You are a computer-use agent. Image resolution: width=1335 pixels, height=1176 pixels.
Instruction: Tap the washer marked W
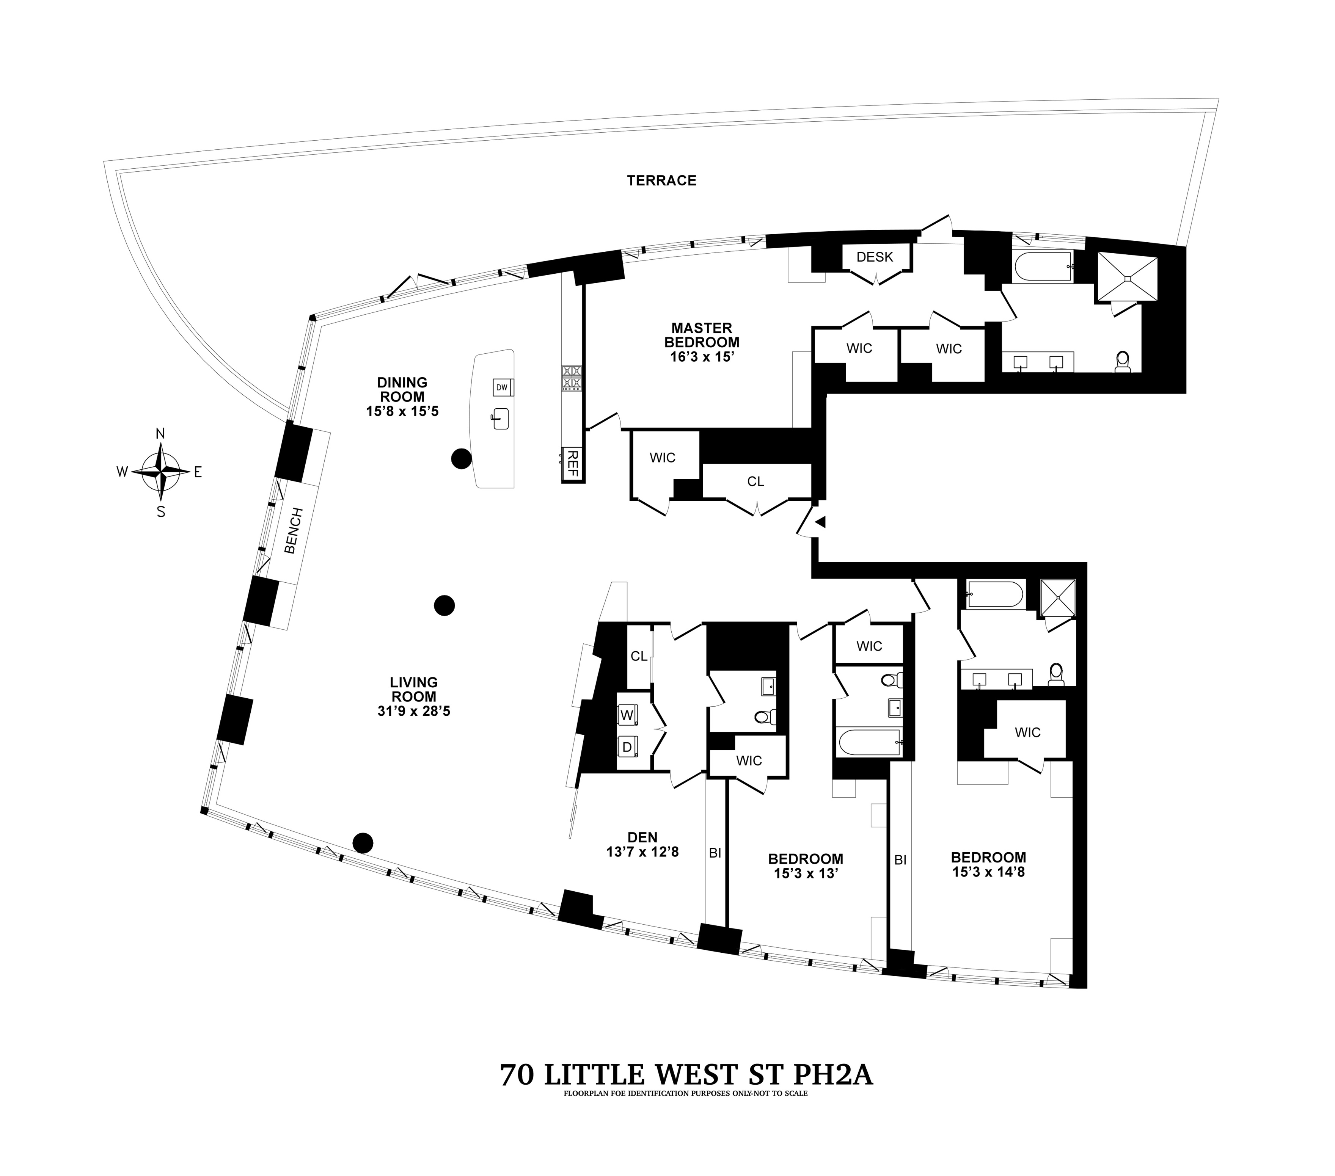coord(627,715)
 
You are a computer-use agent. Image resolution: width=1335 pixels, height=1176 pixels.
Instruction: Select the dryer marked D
coord(627,747)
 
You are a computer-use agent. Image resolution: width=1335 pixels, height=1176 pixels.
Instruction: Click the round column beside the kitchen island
coord(461,459)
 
